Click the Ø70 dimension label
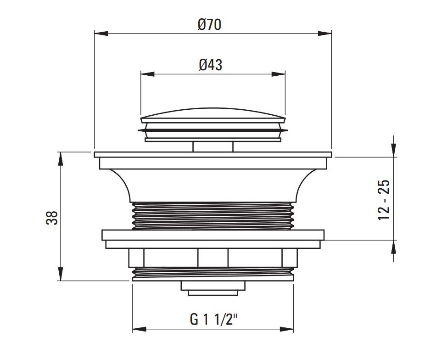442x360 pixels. pyautogui.click(x=209, y=24)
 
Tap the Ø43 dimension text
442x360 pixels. pyautogui.click(x=210, y=65)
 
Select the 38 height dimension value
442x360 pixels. pyautogui.click(x=52, y=218)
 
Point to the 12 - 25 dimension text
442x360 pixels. pyautogui.click(x=384, y=200)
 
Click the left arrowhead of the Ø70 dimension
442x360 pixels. pyautogui.click(x=101, y=33)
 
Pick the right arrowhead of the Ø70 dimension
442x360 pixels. pyautogui.click(x=325, y=33)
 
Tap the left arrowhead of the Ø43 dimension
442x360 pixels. pyautogui.click(x=147, y=74)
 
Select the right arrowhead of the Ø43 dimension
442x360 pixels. pyautogui.click(x=278, y=74)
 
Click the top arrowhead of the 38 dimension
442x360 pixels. pyautogui.click(x=60, y=159)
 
